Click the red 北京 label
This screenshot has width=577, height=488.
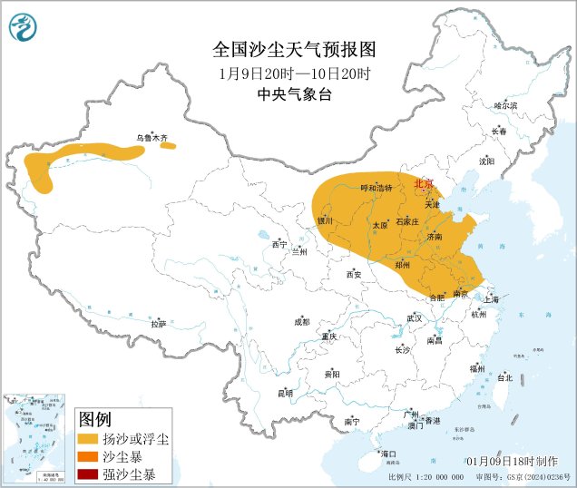[424, 183]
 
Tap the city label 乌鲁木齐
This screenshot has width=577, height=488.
[152, 138]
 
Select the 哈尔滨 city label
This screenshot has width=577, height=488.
[505, 106]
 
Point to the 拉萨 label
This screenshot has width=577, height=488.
[159, 323]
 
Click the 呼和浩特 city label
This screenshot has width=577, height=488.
[375, 188]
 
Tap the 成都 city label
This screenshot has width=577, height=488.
[301, 322]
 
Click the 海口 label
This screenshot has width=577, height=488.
[391, 454]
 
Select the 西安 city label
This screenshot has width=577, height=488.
[353, 274]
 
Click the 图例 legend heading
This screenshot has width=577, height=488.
[96, 419]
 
